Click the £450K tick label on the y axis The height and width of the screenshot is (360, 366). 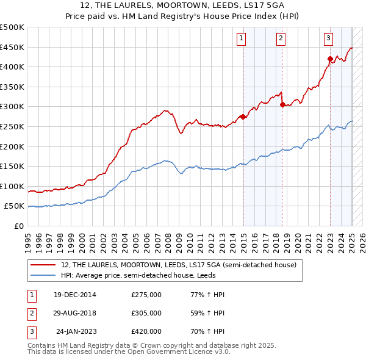[12, 47]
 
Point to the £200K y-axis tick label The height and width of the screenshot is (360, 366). [12, 146]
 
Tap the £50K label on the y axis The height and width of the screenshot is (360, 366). [14, 206]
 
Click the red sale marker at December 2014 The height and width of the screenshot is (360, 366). [243, 117]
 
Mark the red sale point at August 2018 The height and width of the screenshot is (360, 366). [283, 104]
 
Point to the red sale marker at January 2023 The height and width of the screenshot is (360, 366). [331, 59]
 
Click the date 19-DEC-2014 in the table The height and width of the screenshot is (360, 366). [74, 295]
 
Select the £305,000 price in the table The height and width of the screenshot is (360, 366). [146, 313]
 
